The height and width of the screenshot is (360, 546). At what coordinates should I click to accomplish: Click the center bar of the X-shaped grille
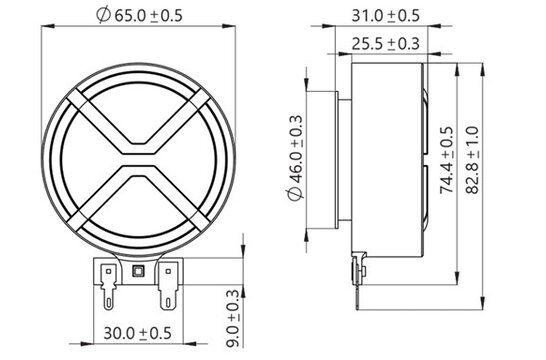point(140,158)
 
